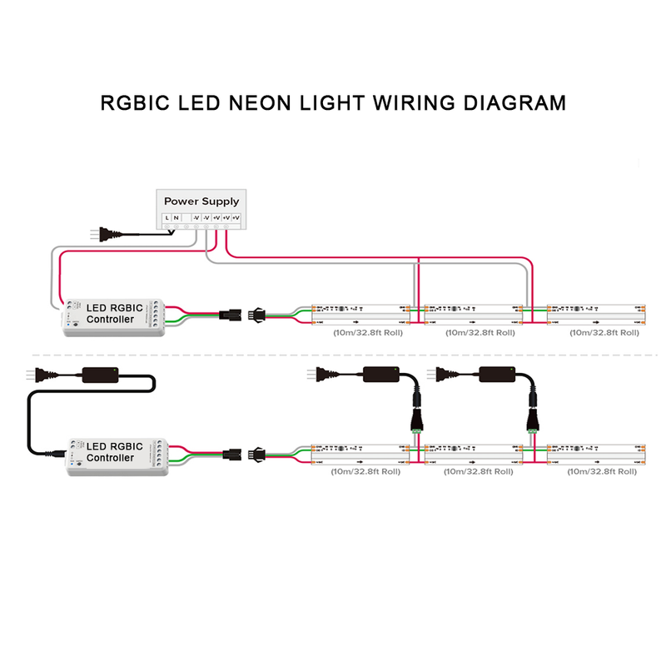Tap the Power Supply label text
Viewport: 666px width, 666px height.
tap(201, 201)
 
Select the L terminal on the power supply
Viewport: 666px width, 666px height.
tap(166, 218)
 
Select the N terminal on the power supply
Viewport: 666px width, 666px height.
tap(176, 218)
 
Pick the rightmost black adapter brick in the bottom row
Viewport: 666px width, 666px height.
tap(497, 375)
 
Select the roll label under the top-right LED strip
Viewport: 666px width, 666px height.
tap(604, 332)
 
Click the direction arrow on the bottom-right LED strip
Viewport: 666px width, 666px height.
tap(597, 460)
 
